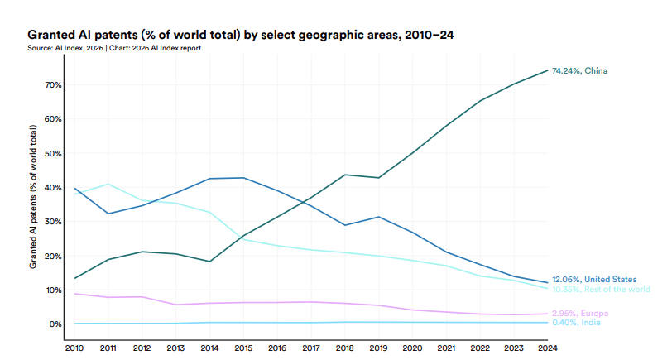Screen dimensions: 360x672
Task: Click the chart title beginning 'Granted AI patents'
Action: coord(241,35)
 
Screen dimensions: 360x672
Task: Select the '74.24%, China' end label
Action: coord(579,71)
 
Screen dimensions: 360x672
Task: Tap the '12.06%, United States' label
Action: coord(594,280)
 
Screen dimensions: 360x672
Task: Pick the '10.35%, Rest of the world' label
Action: coord(601,289)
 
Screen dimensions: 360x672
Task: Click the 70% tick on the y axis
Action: coord(54,85)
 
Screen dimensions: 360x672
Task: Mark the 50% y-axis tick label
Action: coord(54,154)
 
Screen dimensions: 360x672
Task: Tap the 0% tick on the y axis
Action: coord(55,324)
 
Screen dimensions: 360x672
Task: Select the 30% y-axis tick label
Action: coord(54,222)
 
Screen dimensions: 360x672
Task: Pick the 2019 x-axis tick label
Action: coord(377,348)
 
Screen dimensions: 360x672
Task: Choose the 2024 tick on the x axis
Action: coord(547,348)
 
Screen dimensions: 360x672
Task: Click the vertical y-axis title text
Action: coord(33,197)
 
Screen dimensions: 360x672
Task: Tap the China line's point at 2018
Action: coord(343,175)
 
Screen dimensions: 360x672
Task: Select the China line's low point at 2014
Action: coord(210,262)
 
